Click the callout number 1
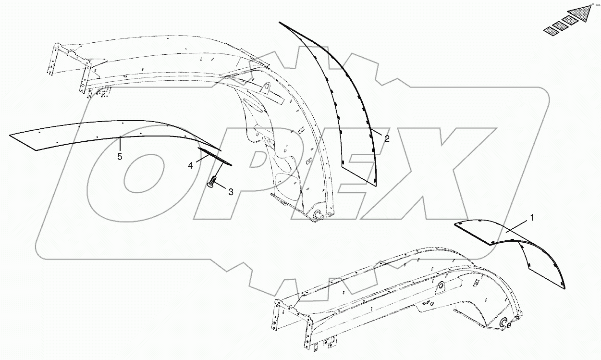(532, 218)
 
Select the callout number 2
(387, 138)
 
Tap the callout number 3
(231, 192)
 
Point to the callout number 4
(191, 165)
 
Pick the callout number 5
(120, 157)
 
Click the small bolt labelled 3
(212, 182)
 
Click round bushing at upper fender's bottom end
(317, 217)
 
